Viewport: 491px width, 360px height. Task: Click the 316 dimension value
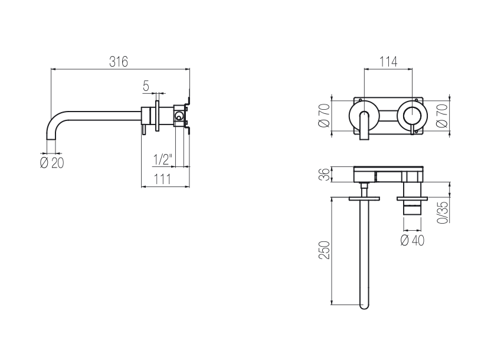tap(119, 61)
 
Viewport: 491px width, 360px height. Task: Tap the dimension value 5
tap(146, 86)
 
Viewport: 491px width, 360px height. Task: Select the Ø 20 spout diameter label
tap(52, 163)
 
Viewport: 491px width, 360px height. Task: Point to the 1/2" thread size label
tap(163, 159)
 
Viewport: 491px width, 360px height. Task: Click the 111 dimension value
tap(162, 179)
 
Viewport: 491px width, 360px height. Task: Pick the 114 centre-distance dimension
tap(388, 61)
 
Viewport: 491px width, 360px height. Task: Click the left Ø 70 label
tap(325, 115)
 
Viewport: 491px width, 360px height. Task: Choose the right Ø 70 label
tap(442, 116)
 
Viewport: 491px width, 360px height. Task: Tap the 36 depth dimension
tap(325, 174)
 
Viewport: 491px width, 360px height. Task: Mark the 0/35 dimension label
tap(443, 212)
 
